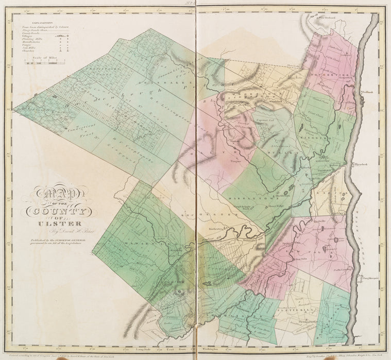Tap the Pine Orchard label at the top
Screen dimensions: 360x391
tap(327, 18)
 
